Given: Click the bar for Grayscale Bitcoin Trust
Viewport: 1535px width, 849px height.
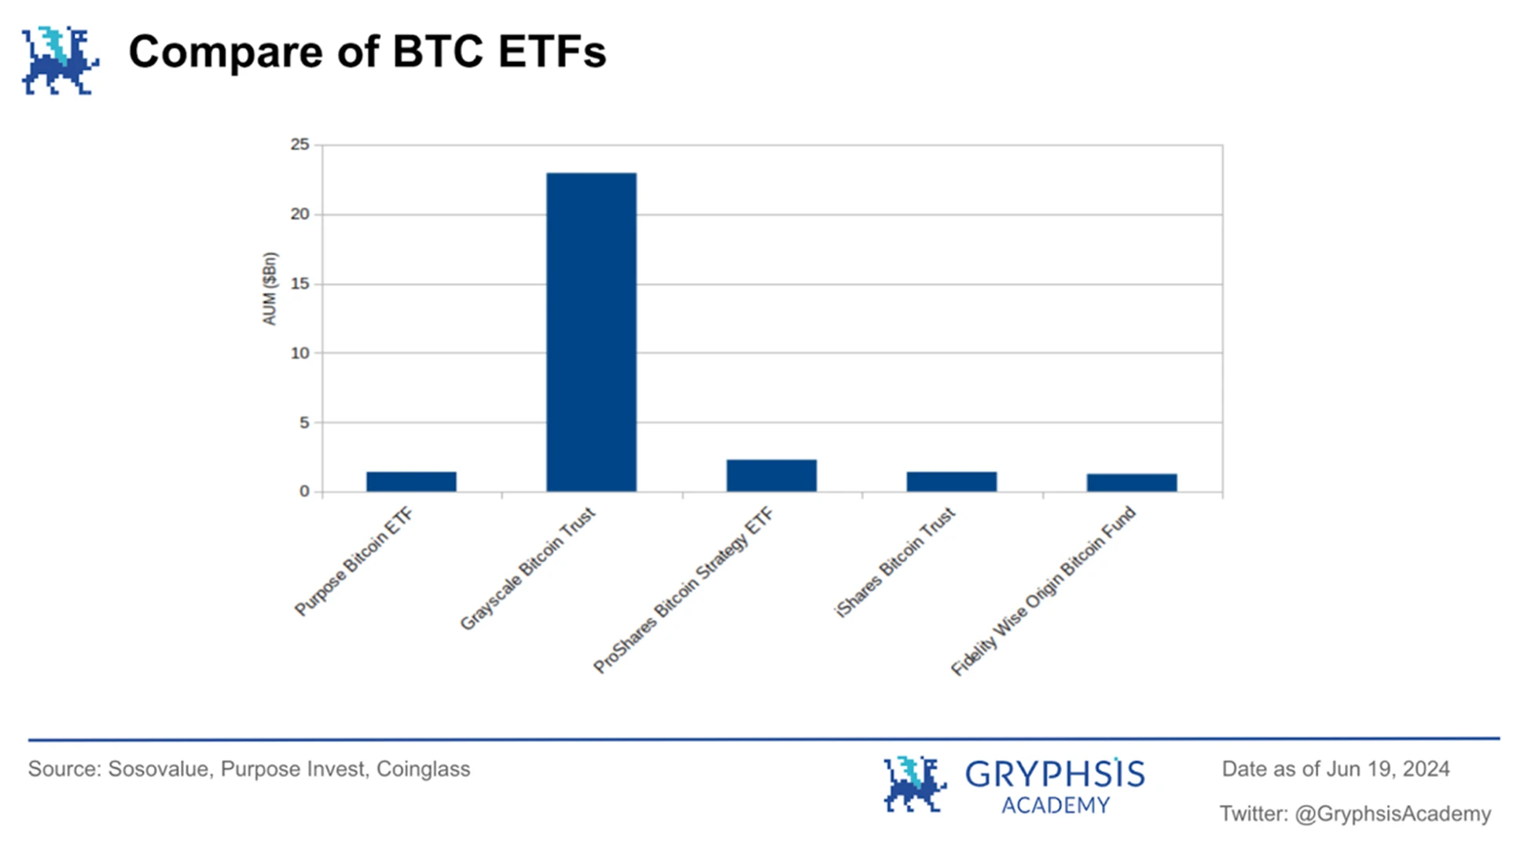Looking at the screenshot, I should coord(591,332).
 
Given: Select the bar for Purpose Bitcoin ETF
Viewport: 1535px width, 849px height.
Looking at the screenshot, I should coord(411,482).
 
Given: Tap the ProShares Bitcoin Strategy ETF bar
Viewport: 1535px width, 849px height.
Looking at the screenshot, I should coord(771,476).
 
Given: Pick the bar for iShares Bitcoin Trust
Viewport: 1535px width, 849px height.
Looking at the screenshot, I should coord(951,482).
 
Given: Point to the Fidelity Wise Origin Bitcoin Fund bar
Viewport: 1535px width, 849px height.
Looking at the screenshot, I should coord(1131,483).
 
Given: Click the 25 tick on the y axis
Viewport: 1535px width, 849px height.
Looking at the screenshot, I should coord(299,145).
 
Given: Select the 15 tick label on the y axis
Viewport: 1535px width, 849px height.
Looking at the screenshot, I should coord(299,284).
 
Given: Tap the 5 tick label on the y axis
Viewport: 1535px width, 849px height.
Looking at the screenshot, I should coord(304,423).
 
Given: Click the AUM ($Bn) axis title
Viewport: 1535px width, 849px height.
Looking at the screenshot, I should coord(270,289).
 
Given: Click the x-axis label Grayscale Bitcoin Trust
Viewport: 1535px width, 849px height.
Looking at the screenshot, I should coord(528,569).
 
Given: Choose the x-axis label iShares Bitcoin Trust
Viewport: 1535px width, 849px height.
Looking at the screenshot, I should coord(895,562).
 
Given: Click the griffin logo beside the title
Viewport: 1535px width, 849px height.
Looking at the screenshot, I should coord(60,61).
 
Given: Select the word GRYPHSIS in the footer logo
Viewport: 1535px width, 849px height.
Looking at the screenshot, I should coord(1054,775).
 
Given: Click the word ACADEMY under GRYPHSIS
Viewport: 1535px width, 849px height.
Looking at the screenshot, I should coord(1055,806).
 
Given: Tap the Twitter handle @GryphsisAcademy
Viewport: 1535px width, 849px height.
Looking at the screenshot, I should coord(1392,814).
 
